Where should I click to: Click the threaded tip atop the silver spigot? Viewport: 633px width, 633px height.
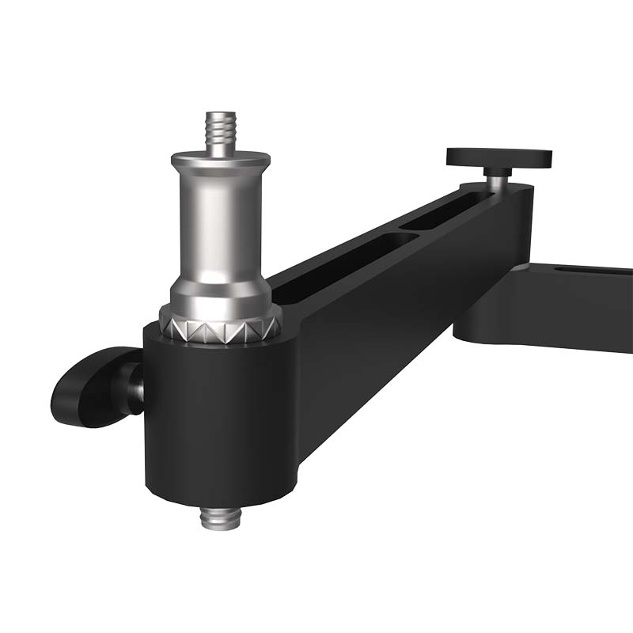pos(221,128)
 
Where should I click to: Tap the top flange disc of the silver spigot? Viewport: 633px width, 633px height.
pos(220,157)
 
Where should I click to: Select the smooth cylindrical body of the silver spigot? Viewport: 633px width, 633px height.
pos(220,222)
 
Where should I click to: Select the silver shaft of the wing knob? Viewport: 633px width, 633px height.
pos(137,388)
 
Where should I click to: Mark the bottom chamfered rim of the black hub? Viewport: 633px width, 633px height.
pos(220,495)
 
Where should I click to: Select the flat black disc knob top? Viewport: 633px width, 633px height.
pos(498,156)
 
